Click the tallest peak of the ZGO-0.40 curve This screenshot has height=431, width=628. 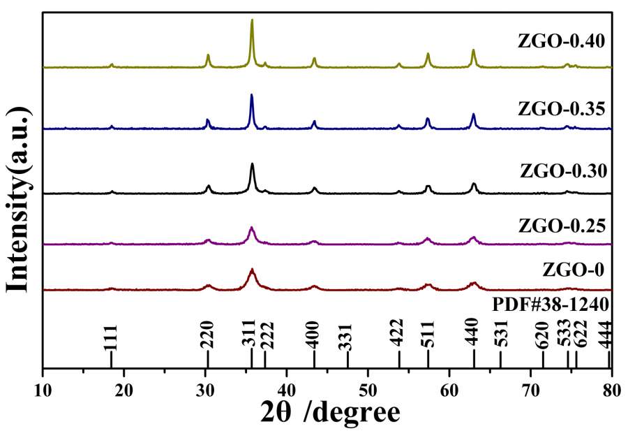click(252, 21)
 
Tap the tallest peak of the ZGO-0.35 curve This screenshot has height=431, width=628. click(251, 95)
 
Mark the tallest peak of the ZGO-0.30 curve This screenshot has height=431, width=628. click(252, 164)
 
